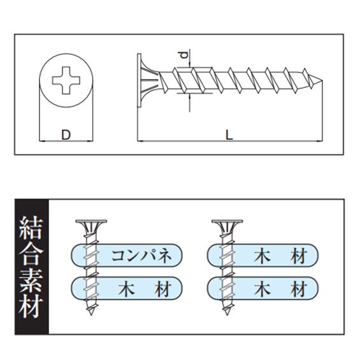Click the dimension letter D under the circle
[66, 134]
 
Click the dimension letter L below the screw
[230, 134]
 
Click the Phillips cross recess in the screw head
[66, 82]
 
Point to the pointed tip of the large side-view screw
[326, 81]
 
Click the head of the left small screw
[89, 224]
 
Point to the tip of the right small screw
[224, 317]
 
